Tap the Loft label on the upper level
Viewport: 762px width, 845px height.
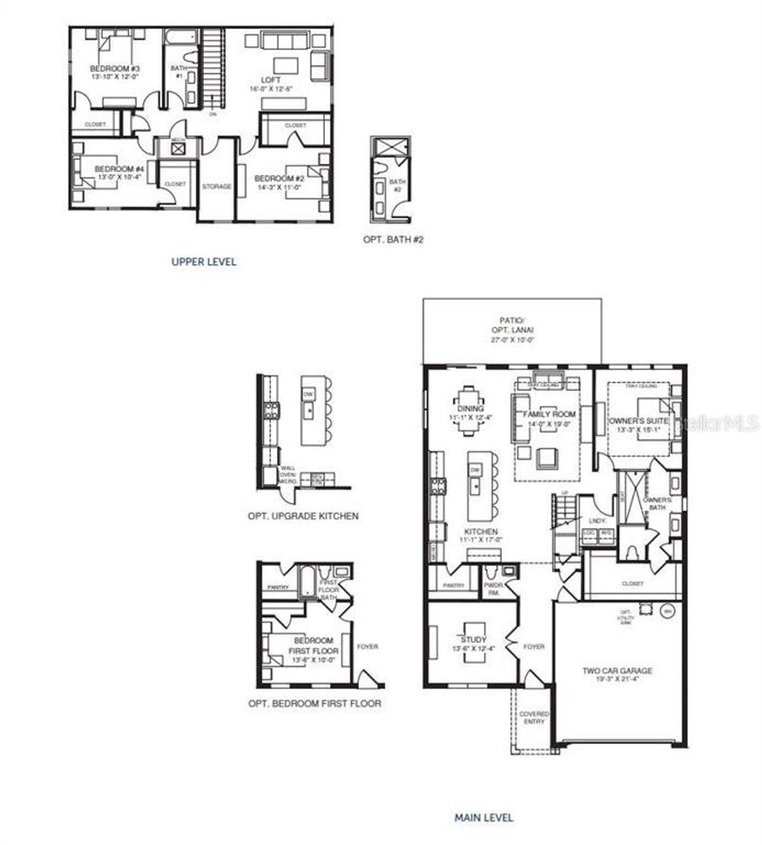[270, 80]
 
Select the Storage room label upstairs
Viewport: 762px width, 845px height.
[217, 186]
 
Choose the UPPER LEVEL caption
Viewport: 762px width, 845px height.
[204, 261]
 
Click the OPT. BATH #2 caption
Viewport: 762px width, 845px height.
[394, 240]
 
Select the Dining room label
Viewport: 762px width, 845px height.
[470, 409]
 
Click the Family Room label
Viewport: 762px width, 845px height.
[549, 414]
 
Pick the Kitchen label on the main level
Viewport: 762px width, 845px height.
[481, 531]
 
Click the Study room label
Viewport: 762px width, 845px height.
[473, 640]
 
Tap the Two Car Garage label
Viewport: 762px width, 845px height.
[617, 671]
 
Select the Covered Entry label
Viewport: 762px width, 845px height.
[534, 718]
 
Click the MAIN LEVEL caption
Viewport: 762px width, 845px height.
[483, 818]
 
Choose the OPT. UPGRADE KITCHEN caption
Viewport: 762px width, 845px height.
[303, 516]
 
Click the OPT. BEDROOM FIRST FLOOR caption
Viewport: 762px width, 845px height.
[314, 703]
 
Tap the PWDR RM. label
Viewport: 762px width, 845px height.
[494, 589]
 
